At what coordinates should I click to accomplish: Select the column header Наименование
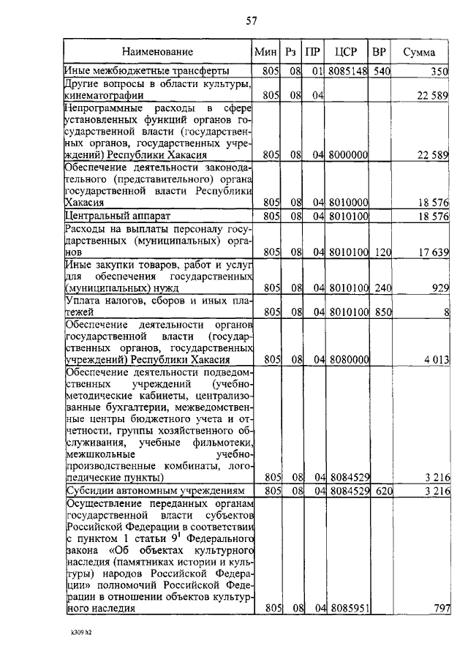(x=158, y=52)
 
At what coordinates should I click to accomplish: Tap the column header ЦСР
(x=346, y=52)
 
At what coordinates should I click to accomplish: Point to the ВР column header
(x=379, y=52)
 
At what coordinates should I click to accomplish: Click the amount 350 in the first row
(x=438, y=72)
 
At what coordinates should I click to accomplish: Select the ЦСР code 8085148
(x=347, y=72)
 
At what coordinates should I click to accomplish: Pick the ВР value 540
(x=380, y=72)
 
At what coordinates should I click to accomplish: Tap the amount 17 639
(x=432, y=252)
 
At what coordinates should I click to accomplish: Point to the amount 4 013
(x=435, y=360)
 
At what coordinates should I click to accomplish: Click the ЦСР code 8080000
(x=348, y=360)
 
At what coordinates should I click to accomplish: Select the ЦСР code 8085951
(x=348, y=608)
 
